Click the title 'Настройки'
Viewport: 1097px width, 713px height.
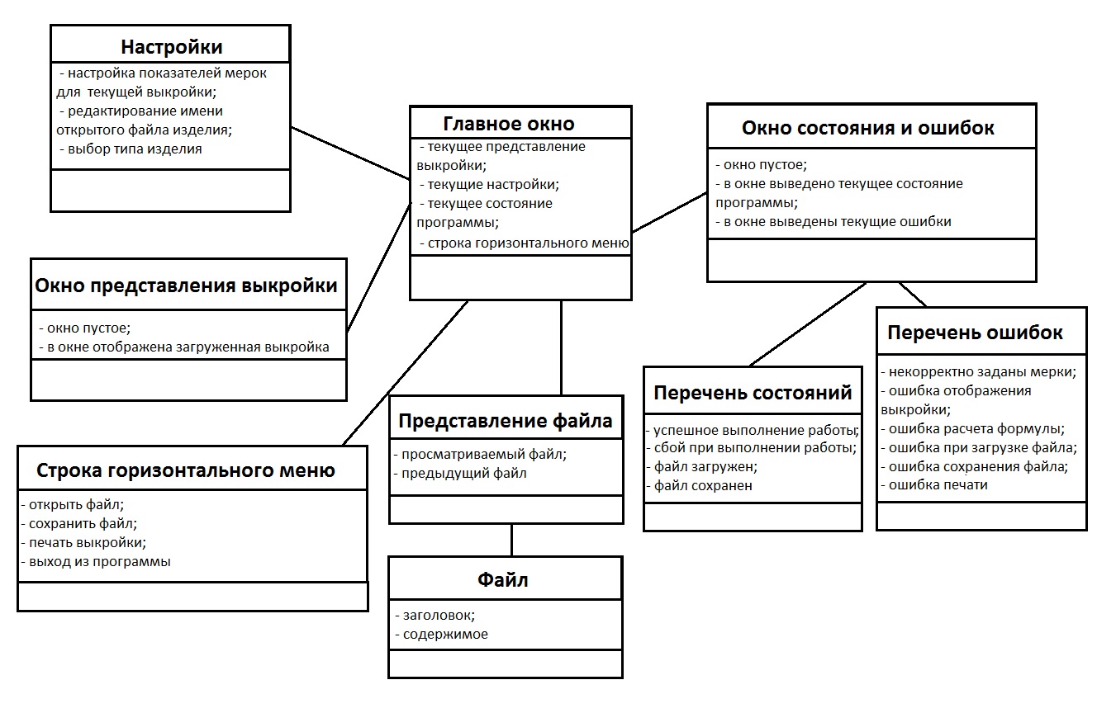pyautogui.click(x=171, y=46)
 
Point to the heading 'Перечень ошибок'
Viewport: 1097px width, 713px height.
pyautogui.click(x=975, y=333)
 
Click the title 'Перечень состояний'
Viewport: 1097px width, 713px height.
pyautogui.click(x=753, y=393)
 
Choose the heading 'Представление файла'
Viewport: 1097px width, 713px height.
pyautogui.click(x=506, y=421)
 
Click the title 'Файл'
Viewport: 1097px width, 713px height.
pyautogui.click(x=503, y=579)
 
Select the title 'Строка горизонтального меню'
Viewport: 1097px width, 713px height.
pyautogui.click(x=186, y=470)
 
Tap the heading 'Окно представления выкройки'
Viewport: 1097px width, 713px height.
pyautogui.click(x=186, y=286)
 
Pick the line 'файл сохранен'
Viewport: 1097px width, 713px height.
pyautogui.click(x=703, y=485)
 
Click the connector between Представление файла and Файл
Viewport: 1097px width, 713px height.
pyautogui.click(x=511, y=540)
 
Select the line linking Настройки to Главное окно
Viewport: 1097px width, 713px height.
pyautogui.click(x=350, y=152)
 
